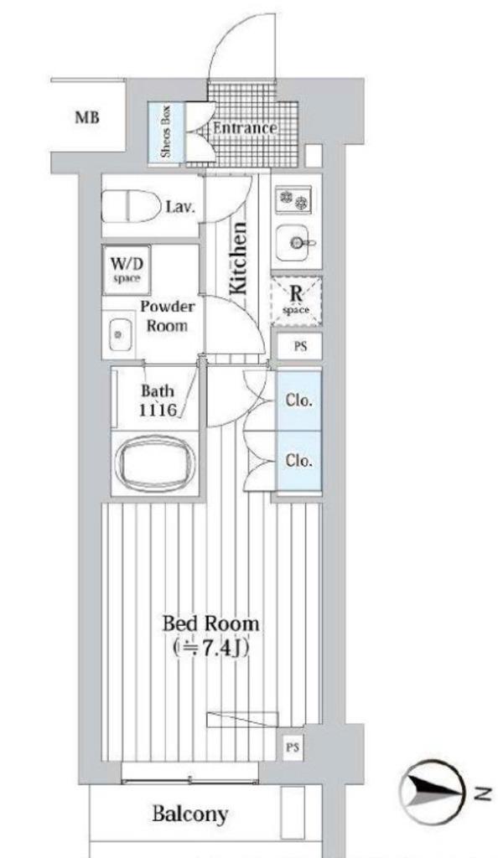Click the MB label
[x=87, y=117]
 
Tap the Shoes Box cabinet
[x=166, y=132]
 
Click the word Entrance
[x=245, y=128]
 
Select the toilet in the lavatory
[x=130, y=205]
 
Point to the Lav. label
[x=180, y=208]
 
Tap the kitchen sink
[x=295, y=242]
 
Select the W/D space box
[x=127, y=269]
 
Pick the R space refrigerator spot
[x=296, y=302]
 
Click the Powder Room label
[x=168, y=316]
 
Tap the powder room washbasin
[x=119, y=333]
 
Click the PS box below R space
[x=299, y=346]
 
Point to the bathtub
[x=155, y=463]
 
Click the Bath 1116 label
[x=158, y=400]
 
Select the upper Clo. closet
[x=298, y=401]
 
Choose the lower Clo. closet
[x=298, y=461]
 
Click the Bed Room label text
[x=211, y=636]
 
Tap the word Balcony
[x=190, y=814]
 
